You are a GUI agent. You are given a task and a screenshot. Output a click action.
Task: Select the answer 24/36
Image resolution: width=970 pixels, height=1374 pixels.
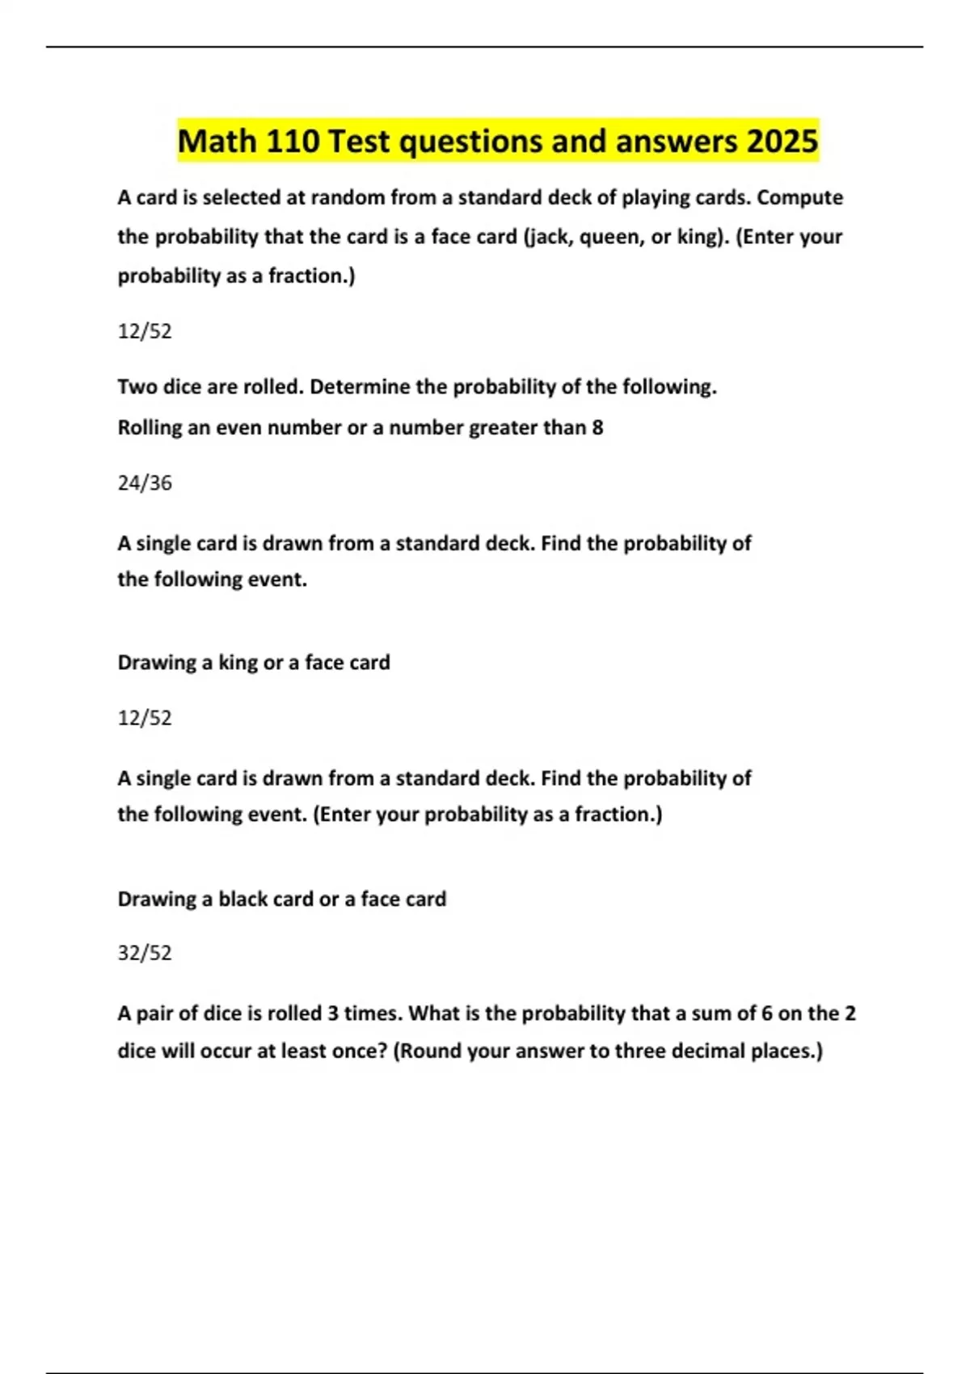click(145, 483)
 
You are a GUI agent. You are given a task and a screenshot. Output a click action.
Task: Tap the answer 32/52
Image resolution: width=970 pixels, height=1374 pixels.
click(145, 953)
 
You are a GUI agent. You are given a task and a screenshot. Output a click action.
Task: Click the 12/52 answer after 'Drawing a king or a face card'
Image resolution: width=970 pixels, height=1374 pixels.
click(145, 718)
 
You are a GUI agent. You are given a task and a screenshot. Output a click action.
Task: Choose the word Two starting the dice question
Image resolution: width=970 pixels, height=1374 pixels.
click(137, 387)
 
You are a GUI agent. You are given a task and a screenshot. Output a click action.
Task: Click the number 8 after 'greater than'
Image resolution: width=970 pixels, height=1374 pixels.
click(597, 428)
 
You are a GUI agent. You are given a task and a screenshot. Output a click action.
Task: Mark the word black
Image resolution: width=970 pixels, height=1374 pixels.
click(242, 900)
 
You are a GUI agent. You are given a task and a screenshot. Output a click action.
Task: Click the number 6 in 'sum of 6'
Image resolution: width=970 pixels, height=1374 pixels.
click(767, 1014)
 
